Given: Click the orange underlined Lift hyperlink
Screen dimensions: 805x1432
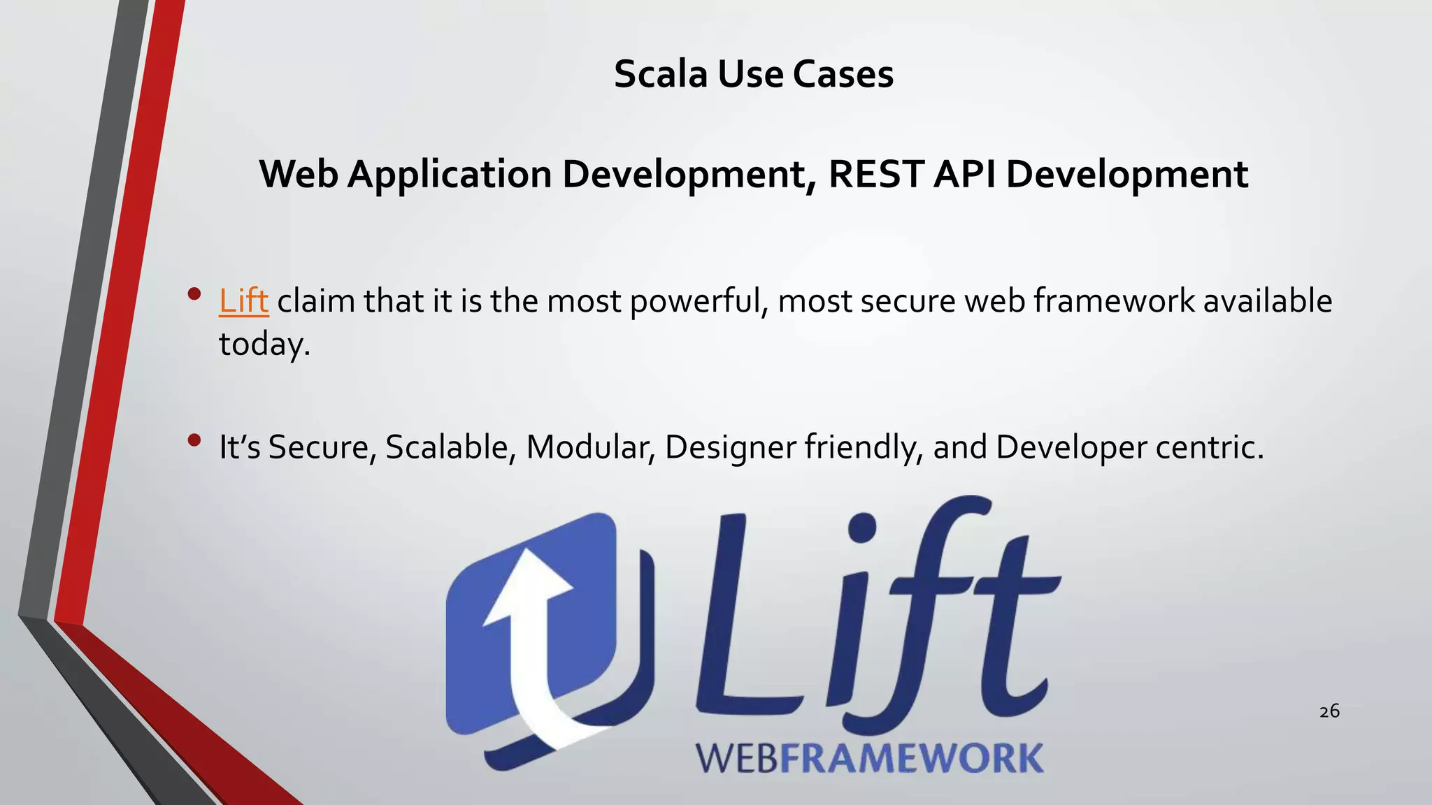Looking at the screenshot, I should (x=243, y=301).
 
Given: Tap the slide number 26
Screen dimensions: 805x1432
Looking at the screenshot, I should (x=1329, y=711).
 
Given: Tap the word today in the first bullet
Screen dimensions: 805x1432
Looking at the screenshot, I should (x=263, y=345).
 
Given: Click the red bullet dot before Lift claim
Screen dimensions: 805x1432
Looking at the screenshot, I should (x=194, y=294).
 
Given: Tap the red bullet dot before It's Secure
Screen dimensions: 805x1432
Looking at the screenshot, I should (x=194, y=440).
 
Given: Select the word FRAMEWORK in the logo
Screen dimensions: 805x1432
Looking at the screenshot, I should (x=912, y=759).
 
